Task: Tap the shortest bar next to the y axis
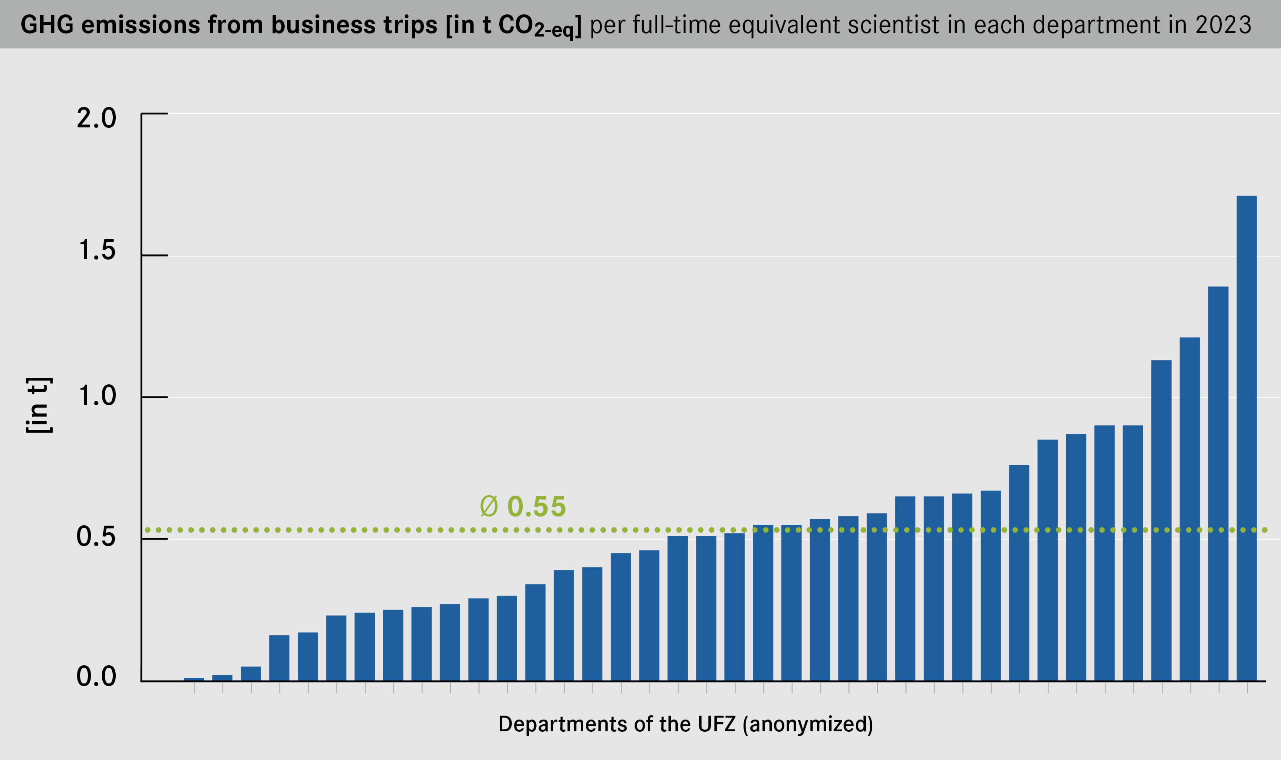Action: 194,679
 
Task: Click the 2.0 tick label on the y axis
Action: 96,118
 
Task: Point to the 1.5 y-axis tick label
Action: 96,250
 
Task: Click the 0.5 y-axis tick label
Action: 96,537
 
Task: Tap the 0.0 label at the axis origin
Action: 96,677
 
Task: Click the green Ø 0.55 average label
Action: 522,507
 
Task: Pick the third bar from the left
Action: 251,673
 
